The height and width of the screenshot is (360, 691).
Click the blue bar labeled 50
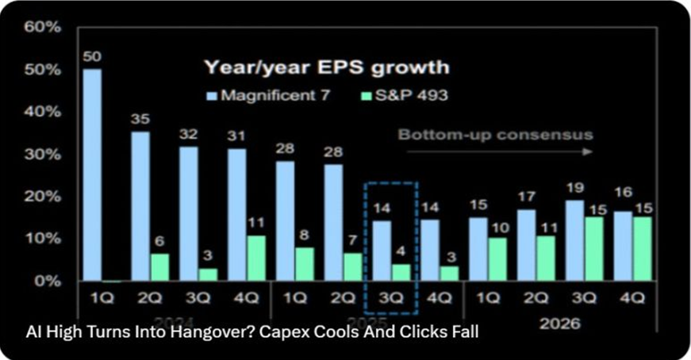(x=92, y=174)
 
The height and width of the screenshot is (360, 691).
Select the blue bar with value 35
(x=140, y=205)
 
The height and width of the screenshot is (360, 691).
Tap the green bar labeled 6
(x=159, y=266)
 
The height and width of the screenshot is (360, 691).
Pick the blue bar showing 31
(x=236, y=214)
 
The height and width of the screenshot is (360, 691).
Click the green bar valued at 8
(x=305, y=263)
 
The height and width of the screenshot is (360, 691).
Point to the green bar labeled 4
(x=401, y=272)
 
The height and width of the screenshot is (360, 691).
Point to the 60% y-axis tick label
(x=43, y=26)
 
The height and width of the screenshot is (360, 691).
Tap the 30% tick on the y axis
(x=43, y=154)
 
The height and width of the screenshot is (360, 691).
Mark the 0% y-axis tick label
(x=47, y=281)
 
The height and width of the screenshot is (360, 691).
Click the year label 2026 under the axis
(x=559, y=324)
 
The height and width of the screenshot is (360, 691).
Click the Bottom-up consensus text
(x=495, y=134)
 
